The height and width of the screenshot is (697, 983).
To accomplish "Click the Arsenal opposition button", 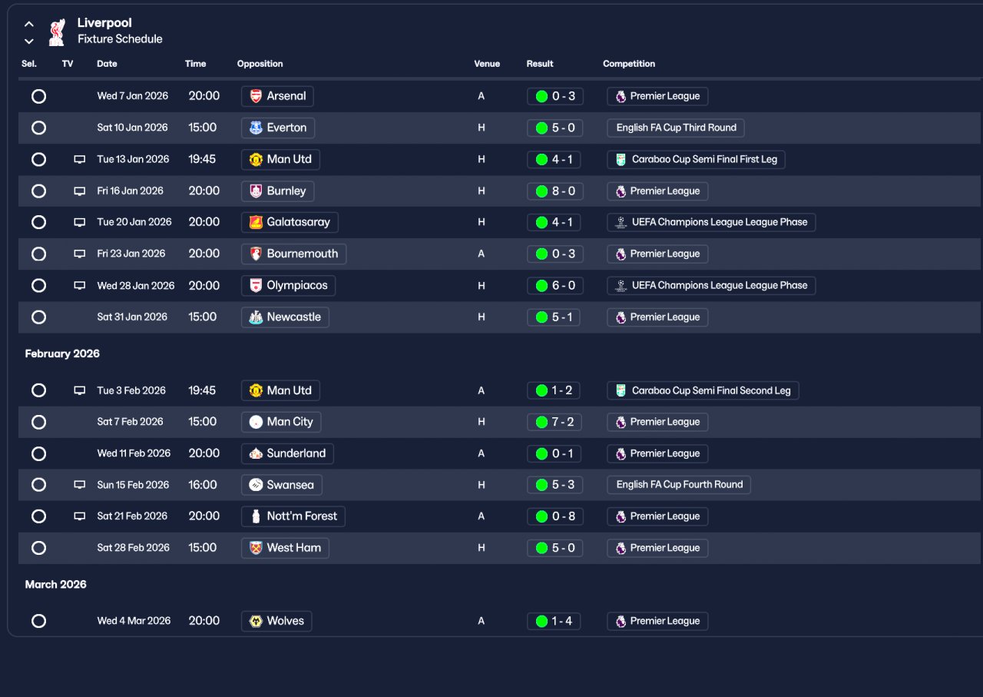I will point(277,96).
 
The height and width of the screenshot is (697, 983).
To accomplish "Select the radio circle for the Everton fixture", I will point(38,128).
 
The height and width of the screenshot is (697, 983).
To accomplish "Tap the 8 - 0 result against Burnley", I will point(554,191).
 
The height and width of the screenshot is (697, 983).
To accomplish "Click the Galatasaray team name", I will point(298,222).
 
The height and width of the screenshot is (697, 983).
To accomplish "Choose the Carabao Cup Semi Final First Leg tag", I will point(696,159).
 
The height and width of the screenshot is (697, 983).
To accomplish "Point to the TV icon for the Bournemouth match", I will point(79,254).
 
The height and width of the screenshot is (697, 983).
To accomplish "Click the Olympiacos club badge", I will point(256,286).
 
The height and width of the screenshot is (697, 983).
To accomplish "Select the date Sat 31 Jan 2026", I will point(132,317).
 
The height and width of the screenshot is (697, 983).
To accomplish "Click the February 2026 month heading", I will point(62,353).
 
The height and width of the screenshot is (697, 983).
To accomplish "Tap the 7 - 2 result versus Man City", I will point(554,422).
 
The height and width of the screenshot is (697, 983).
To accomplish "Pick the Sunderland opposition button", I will point(287,453).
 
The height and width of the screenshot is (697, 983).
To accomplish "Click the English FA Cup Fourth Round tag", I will point(679,485).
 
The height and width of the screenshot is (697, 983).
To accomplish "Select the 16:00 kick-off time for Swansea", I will point(202,485).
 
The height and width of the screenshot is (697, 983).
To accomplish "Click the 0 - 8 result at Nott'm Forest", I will point(554,516).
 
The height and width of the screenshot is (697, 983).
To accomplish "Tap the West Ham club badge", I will point(256,548).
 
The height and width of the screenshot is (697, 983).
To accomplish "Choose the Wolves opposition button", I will point(276,621).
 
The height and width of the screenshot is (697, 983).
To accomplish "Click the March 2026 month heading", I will point(55,584).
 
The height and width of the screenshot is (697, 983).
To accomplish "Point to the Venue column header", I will point(487,64).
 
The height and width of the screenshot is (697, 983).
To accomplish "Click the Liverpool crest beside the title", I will point(57,32).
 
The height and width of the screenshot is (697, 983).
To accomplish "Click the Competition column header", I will point(629,64).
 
